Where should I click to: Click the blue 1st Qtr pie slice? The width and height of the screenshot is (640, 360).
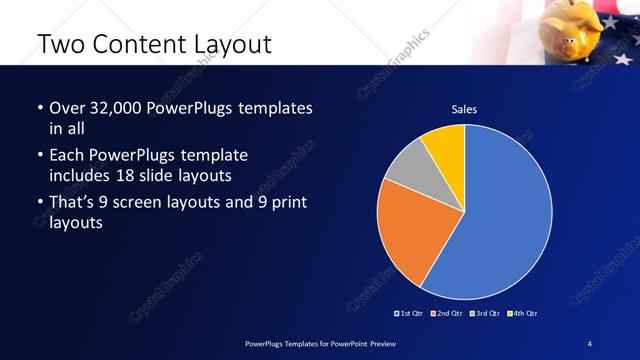505,220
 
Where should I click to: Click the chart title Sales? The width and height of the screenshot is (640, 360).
464,109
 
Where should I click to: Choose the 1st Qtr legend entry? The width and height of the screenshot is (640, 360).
410,313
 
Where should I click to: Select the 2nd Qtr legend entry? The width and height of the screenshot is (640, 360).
446,313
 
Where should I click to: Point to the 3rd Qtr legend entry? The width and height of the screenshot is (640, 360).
484,313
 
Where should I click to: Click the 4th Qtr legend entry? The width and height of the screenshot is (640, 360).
522,313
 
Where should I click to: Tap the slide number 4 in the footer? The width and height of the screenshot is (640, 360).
590,344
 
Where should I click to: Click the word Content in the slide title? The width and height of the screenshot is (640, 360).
140,45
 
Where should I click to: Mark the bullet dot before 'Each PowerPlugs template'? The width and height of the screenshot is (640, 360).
39,157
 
